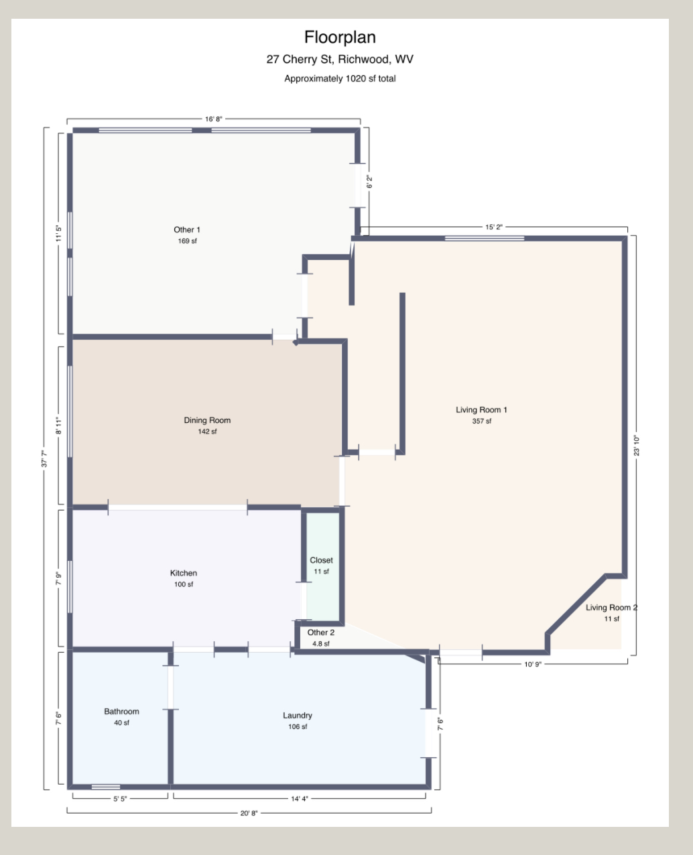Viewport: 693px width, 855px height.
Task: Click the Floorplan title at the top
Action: coord(340,36)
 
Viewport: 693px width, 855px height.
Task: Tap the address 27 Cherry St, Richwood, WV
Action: coord(340,59)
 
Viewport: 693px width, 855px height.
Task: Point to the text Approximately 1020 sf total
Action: coord(340,78)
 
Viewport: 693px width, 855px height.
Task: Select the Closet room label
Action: coord(321,560)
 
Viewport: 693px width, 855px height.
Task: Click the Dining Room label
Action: coord(207,420)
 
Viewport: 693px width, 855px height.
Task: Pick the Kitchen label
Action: coord(184,573)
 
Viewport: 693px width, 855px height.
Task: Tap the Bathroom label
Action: coord(121,712)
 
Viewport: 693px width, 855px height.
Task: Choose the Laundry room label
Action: coord(297,716)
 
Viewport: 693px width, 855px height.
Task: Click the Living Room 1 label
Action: coord(481,409)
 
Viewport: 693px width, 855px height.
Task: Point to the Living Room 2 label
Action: coord(611,608)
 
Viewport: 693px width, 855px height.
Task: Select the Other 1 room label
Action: coord(187,230)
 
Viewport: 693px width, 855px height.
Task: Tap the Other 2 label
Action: coord(320,633)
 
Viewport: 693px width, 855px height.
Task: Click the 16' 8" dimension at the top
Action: coord(214,119)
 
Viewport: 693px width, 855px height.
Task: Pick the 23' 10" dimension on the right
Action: coord(636,446)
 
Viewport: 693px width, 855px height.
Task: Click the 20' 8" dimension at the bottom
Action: coord(249,813)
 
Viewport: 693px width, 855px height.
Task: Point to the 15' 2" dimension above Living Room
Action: coord(494,227)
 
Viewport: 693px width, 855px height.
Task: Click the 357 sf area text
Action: coord(481,421)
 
